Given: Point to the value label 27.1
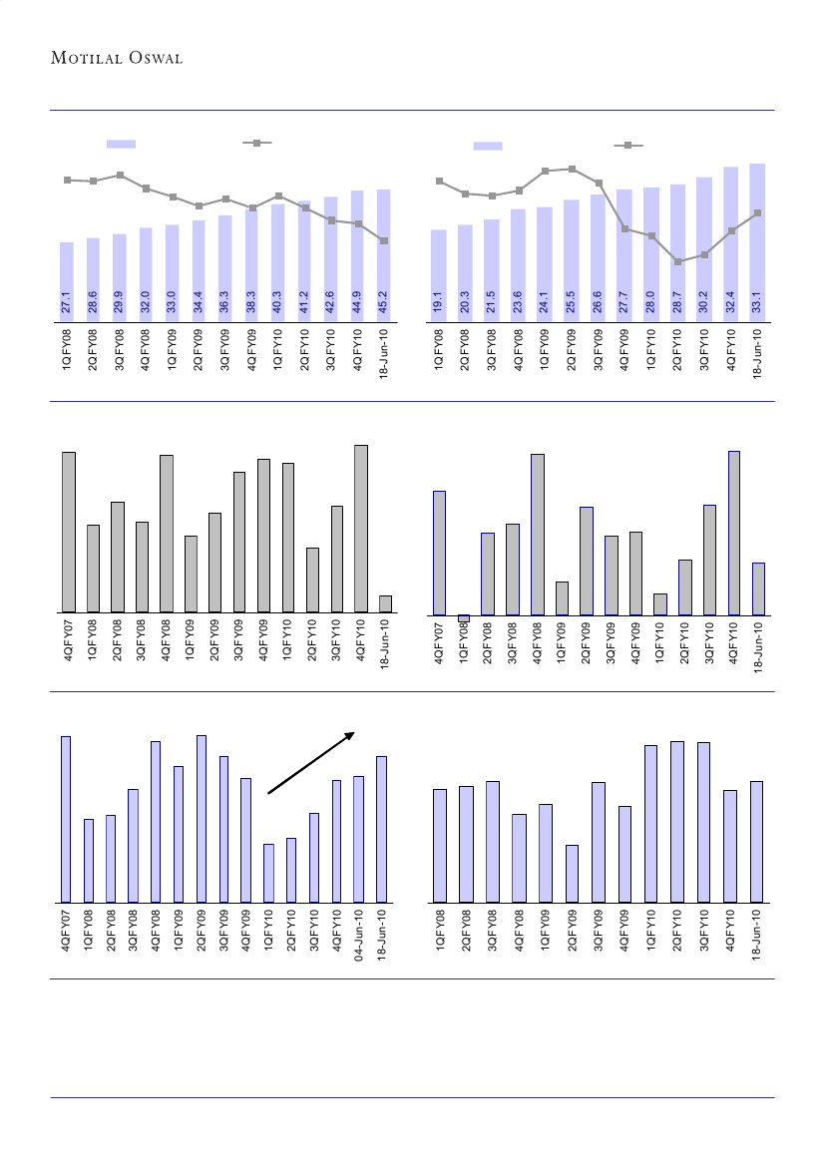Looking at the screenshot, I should tap(66, 303).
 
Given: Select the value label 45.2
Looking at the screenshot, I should tap(383, 303).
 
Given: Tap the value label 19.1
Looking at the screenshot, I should tap(438, 303).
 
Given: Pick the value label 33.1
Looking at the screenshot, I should tap(757, 303).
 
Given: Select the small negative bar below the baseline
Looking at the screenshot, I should tap(463, 618).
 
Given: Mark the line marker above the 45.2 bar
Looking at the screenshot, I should tap(384, 241).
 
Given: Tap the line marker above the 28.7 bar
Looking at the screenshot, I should tap(678, 262).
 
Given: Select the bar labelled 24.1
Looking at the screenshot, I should tap(545, 264).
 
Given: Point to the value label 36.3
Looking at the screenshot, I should tap(224, 303).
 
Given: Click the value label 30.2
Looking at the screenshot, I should tap(704, 303).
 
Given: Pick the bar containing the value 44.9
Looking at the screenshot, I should tap(357, 254).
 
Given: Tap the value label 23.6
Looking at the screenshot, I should tap(518, 303).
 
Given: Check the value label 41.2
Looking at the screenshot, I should tap(304, 303).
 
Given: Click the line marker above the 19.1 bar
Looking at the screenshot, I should tap(439, 181).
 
